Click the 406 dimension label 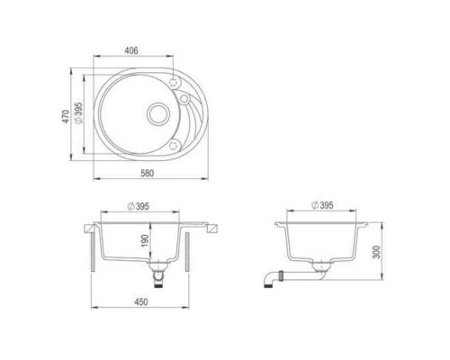[131, 50]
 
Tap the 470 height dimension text [66, 116]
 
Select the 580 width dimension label [148, 173]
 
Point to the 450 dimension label [141, 301]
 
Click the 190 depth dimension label [145, 241]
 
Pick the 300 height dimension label [376, 252]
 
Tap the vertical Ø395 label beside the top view [78, 113]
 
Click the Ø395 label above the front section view [139, 206]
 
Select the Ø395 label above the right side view [322, 205]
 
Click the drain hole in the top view [158, 114]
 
